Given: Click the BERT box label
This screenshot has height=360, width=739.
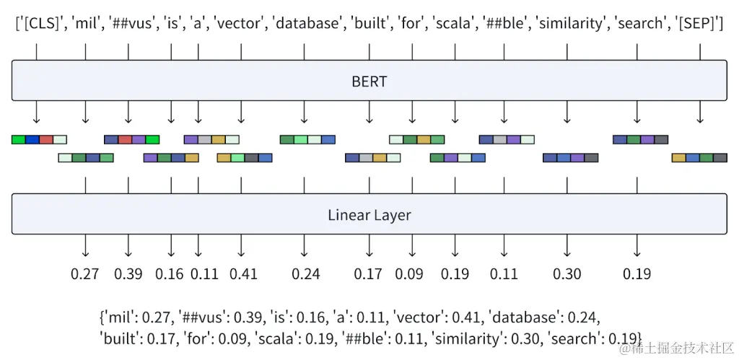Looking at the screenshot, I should [369, 81].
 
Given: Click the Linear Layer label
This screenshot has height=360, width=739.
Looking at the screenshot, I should [369, 215].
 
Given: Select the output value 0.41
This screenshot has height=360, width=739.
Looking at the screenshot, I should [243, 274].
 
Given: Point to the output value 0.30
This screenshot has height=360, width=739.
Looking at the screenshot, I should [567, 274].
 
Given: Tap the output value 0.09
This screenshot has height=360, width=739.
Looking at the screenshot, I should [409, 274].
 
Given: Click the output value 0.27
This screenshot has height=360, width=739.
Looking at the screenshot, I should [85, 274].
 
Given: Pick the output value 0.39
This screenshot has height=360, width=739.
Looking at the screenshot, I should [128, 274].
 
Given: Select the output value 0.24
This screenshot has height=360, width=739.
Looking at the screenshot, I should [305, 274].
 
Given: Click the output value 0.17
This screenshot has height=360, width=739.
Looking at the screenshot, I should [368, 274].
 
